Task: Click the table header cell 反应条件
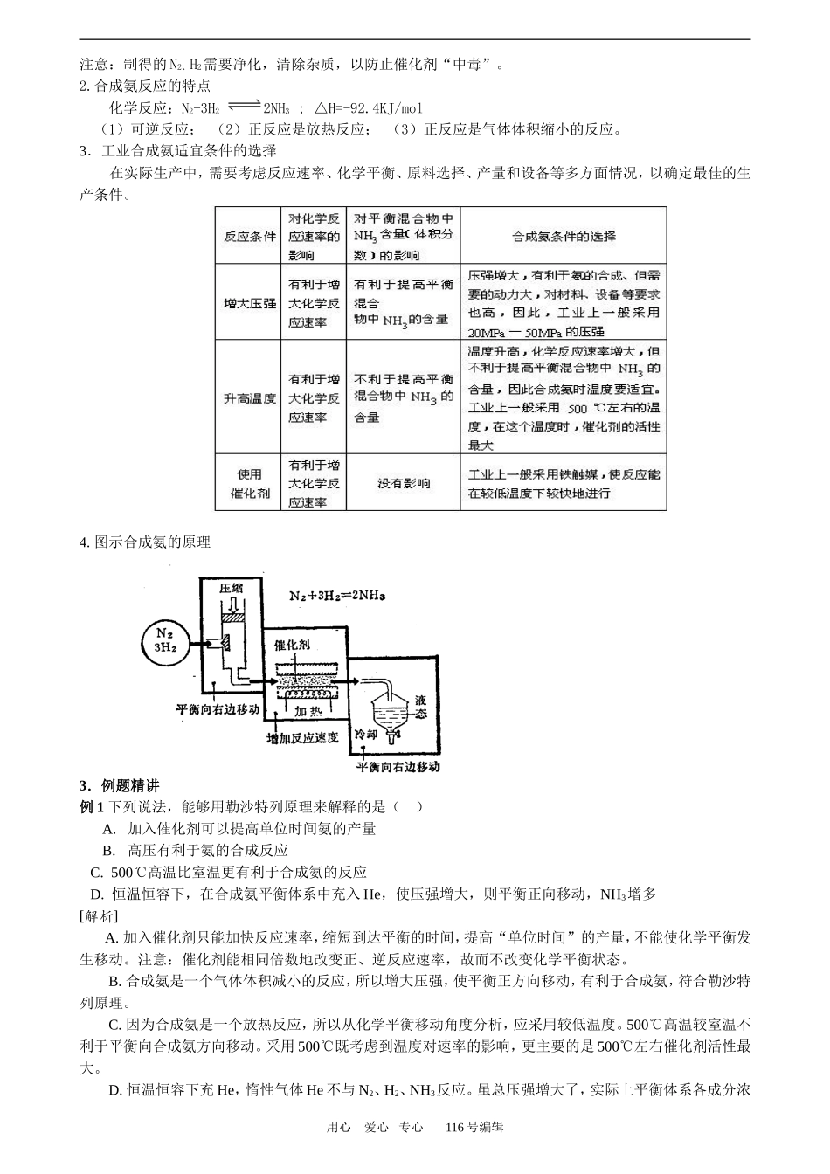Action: coord(249,236)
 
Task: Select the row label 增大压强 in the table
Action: coord(249,303)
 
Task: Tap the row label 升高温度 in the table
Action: coord(249,398)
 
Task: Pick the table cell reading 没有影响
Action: coord(403,483)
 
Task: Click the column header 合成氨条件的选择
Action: coord(563,236)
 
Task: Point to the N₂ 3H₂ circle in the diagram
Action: coord(164,640)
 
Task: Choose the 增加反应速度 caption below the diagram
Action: coord(301,739)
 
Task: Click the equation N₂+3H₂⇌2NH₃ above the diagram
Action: coord(337,596)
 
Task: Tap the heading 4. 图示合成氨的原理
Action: coord(145,542)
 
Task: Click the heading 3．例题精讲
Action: coord(119,785)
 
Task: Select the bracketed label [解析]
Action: coord(98,915)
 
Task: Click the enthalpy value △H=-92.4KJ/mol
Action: coord(367,108)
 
